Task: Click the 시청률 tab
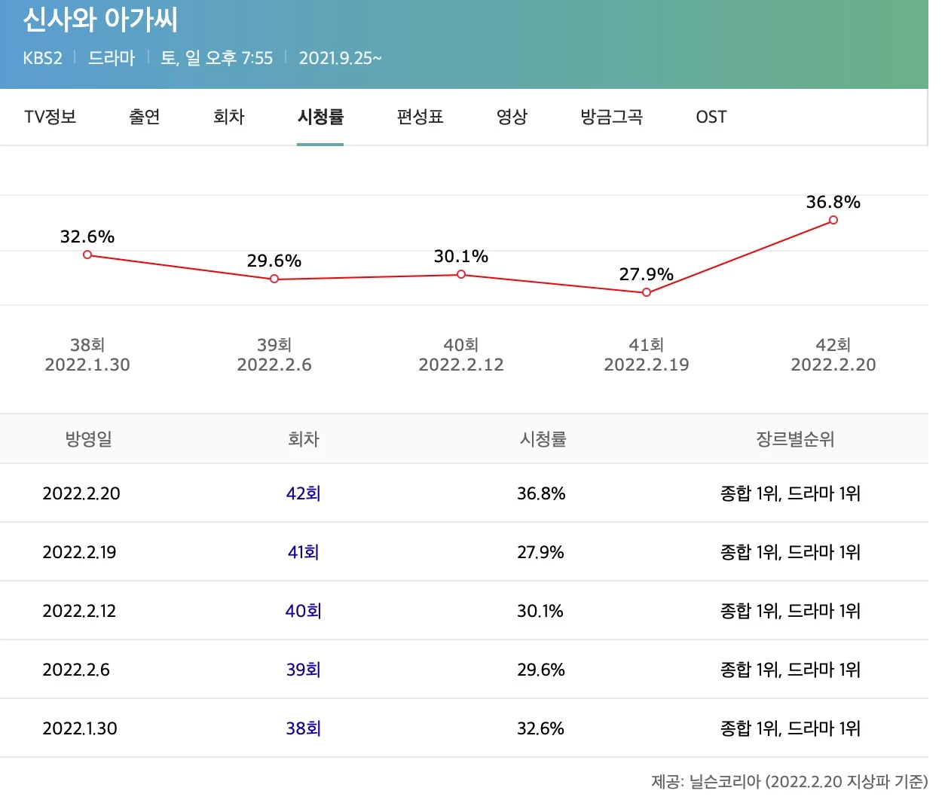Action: coord(320,117)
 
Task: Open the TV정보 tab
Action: coord(50,117)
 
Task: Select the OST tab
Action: coord(711,117)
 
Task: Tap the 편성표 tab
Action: coord(420,117)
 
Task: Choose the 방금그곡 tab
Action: coord(611,117)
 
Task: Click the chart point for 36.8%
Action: coord(833,220)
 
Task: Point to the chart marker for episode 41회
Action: coord(646,292)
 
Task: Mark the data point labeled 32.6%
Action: coord(87,255)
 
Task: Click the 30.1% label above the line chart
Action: coord(460,257)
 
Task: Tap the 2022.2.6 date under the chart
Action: coord(274,365)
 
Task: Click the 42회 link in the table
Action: coord(303,493)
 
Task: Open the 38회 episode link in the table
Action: coord(303,728)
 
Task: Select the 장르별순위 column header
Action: coord(795,439)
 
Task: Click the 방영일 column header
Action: coord(89,439)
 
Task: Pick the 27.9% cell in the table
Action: coord(540,552)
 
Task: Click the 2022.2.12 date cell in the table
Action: coord(79,611)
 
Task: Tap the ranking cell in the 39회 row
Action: coord(790,670)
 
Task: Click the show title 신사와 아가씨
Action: coord(100,20)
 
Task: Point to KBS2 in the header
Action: coord(42,58)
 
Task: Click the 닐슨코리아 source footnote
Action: coord(789,782)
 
